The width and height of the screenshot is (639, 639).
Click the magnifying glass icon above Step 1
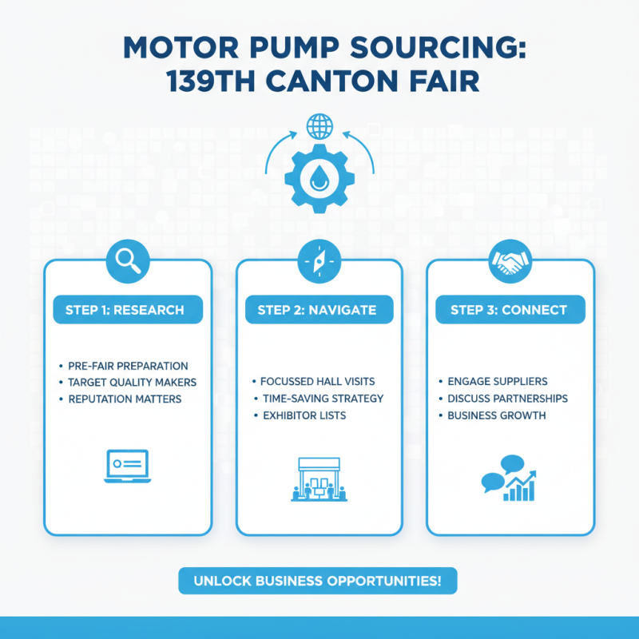point(128,260)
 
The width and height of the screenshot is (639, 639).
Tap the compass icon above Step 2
point(319,260)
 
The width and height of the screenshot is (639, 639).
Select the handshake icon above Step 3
point(510,260)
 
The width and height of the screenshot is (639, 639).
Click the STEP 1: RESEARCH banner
point(128,310)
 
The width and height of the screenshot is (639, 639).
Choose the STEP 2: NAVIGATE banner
point(317,310)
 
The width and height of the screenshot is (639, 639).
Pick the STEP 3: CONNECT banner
point(509,310)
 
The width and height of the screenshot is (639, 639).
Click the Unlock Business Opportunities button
point(318,580)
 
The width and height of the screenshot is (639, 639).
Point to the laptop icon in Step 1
point(127,466)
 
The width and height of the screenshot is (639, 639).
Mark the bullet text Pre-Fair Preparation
point(128,366)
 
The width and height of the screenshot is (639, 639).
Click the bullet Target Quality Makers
point(132,383)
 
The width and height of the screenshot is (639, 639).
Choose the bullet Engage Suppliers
point(497,382)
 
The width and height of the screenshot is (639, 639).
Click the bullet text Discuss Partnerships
point(507,398)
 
